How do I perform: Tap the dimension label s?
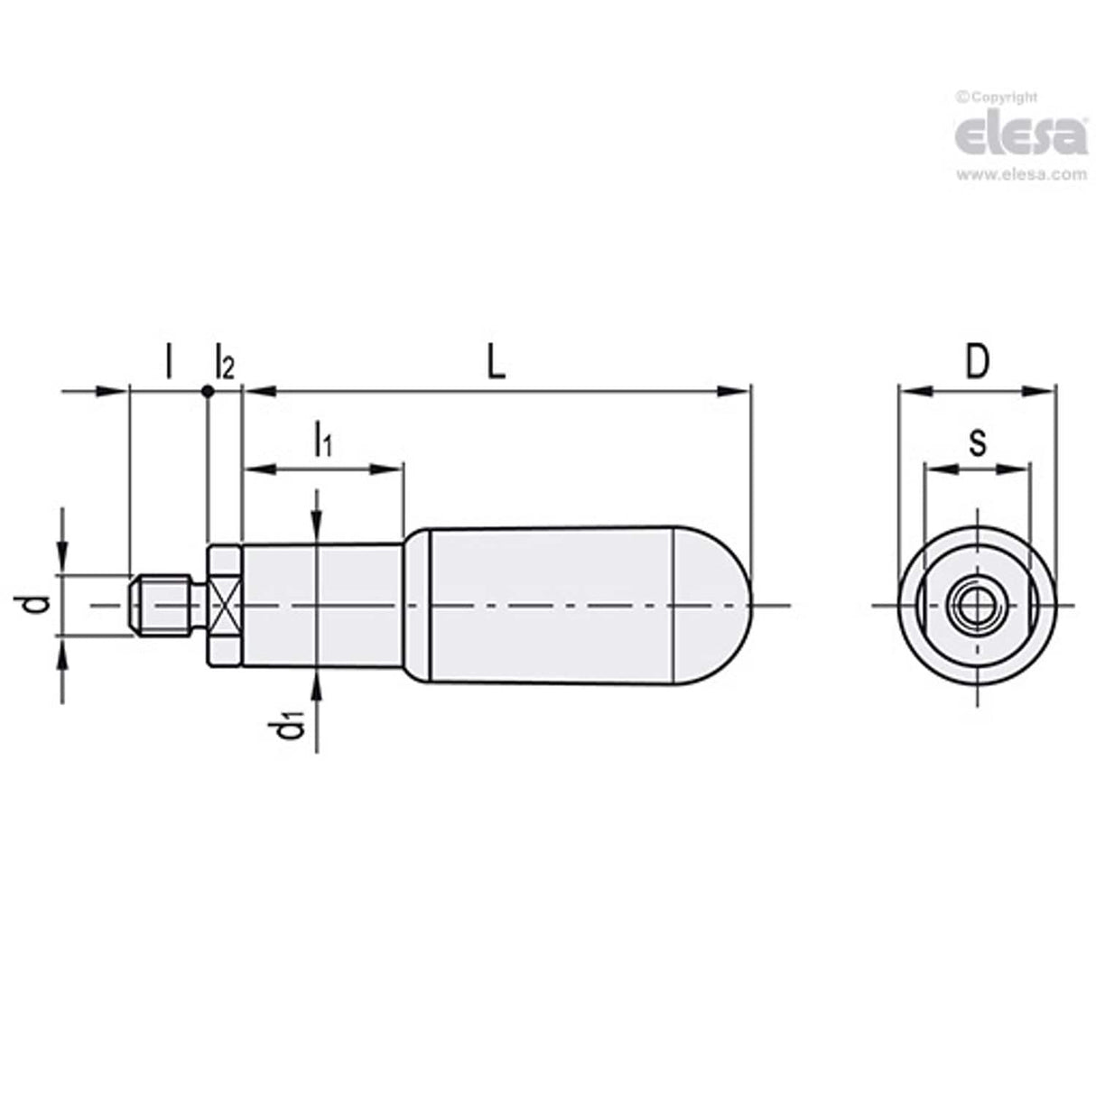pyautogui.click(x=976, y=443)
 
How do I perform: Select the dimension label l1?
pyautogui.click(x=322, y=440)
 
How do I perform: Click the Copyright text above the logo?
pyautogui.click(x=997, y=97)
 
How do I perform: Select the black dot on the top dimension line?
pyautogui.click(x=208, y=391)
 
